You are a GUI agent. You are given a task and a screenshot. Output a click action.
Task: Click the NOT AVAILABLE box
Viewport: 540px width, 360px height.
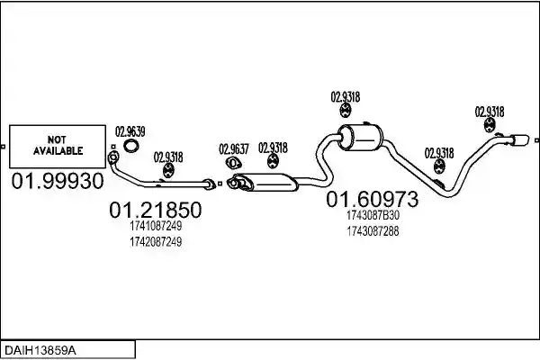[58, 147]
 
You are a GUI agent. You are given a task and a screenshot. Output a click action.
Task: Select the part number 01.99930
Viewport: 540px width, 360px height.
[58, 181]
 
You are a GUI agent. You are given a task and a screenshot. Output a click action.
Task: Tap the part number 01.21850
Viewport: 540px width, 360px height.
[156, 210]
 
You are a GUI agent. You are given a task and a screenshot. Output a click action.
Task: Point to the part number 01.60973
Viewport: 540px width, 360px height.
[373, 199]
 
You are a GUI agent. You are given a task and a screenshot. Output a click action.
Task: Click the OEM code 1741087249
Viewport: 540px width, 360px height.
[156, 226]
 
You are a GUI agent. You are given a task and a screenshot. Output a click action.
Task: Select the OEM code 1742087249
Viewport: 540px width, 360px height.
[156, 242]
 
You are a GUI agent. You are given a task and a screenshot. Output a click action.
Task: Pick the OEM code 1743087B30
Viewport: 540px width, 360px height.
[373, 215]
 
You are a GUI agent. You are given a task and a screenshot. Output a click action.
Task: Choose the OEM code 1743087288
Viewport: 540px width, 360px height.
[373, 231]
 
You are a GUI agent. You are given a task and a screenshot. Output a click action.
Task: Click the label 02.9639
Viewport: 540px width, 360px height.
[130, 131]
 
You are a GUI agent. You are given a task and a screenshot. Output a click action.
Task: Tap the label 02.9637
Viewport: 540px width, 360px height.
[234, 149]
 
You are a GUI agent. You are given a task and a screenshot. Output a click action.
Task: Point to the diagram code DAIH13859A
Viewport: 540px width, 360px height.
[40, 351]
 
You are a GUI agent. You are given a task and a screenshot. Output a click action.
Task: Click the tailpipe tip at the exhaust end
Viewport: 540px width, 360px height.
[520, 140]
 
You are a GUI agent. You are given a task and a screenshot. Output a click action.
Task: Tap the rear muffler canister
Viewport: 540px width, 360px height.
[361, 138]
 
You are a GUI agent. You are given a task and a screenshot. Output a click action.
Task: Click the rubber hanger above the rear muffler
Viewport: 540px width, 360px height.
[345, 110]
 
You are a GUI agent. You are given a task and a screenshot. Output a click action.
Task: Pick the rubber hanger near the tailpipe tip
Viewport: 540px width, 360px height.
[489, 125]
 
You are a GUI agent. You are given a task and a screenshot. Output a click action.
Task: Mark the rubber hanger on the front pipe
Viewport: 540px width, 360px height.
[168, 171]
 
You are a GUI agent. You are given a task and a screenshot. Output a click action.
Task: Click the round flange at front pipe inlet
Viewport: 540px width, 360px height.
[112, 157]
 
